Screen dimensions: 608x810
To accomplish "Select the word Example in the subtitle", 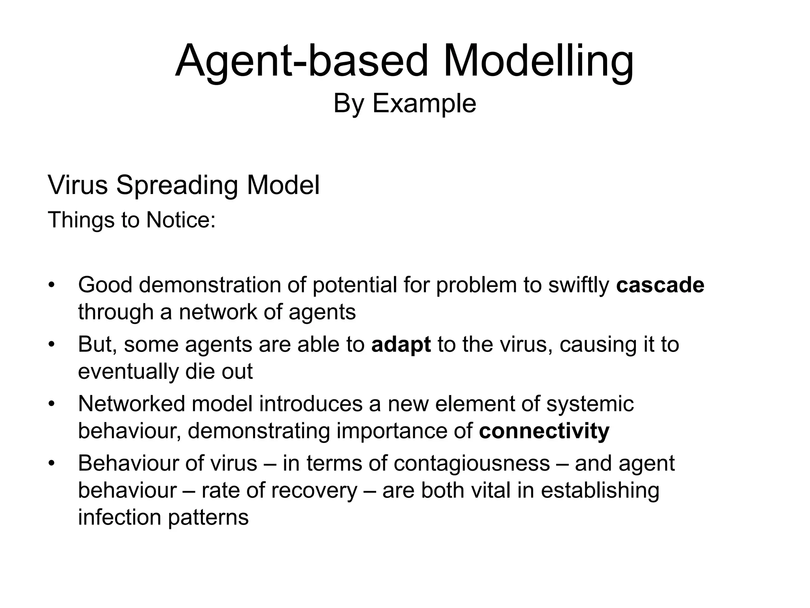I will (424, 104).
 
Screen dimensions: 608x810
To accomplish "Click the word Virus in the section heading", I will (78, 185).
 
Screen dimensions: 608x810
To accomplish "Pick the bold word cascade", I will (660, 285).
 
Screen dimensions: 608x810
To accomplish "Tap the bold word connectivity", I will (544, 431).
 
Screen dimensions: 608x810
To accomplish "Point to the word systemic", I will (590, 405).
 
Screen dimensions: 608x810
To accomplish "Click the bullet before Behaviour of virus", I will (51, 464).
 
